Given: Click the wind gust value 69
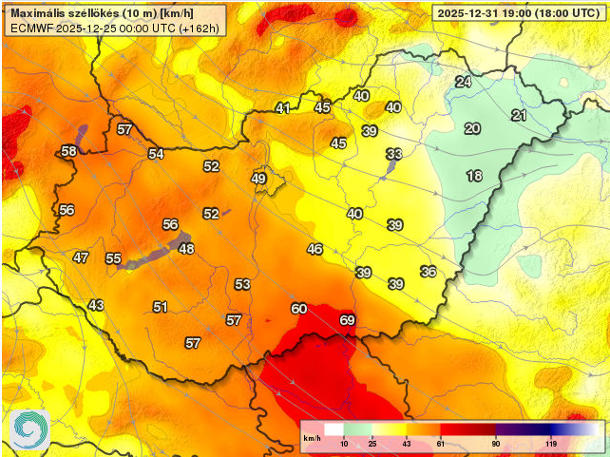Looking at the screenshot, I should coord(348,320).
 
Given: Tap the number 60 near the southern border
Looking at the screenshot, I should coord(299,309).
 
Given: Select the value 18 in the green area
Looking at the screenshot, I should coord(474,176).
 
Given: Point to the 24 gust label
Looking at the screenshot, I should coord(463,82).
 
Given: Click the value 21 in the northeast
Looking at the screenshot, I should coord(519,116).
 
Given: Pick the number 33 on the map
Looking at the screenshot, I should coord(394,154).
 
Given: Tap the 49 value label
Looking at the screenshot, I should coord(258,179).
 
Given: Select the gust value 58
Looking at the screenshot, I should coord(68,151).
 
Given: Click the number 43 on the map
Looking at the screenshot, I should coord(96,305).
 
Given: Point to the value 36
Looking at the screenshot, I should coord(429,272).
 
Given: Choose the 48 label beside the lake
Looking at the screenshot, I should coord(186,249).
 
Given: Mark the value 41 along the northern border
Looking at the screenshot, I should coord(283,108).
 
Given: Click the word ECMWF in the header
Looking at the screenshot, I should coord(31,29).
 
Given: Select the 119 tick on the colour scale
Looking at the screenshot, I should coord(550,444).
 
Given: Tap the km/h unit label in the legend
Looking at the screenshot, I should coord(312,438).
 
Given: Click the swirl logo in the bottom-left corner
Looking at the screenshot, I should coord(29,429).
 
